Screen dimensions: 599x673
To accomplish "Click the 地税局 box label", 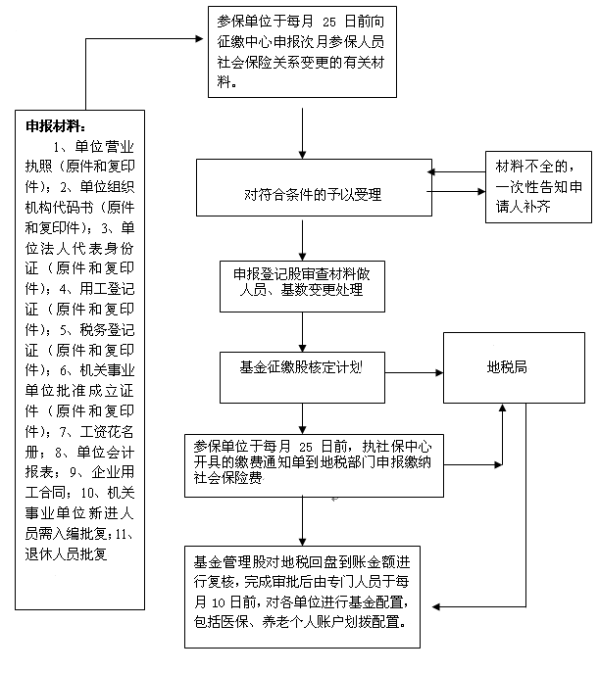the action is coord(507,367).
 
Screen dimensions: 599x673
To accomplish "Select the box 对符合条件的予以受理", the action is coord(314,187).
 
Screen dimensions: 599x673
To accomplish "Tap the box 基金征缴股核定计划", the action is coord(302,378).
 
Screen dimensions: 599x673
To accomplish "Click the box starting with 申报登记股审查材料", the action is coord(302,286).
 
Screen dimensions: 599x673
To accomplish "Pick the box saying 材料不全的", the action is coord(538,187).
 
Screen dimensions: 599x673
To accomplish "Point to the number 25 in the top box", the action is coord(329,22).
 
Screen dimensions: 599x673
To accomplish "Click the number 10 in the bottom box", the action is coord(219,603).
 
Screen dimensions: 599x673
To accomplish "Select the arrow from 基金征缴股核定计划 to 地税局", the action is coord(414,372).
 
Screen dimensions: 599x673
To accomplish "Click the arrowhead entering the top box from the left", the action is coord(199,39).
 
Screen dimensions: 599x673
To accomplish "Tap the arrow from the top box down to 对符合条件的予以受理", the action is coord(302,133).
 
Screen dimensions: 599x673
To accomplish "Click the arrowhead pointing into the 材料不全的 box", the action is coord(481,191).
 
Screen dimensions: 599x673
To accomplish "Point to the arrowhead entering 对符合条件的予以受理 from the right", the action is coord(431,172).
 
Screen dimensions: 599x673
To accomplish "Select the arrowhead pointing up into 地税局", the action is coord(502,408).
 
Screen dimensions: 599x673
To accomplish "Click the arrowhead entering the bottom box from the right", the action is coord(436,607).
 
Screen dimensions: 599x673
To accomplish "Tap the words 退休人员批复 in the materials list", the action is coord(66,554).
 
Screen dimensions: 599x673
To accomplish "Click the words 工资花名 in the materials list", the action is coord(107,431).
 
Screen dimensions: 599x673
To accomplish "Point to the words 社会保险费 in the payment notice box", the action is coord(228,478).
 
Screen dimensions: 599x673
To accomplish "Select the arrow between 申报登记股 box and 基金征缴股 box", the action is coord(302,332).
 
